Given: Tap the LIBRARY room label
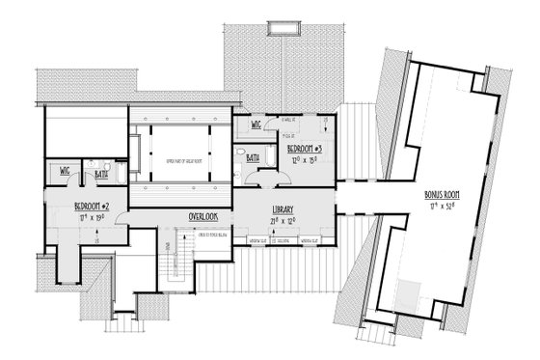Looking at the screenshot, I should [283, 209].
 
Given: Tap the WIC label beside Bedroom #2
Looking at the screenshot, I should [65, 170].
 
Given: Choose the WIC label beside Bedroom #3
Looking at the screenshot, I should [256, 125].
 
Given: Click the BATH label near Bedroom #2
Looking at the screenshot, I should [86, 174].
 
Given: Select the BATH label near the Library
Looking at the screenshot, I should [252, 156].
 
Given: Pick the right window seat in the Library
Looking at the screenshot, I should [308, 239].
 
